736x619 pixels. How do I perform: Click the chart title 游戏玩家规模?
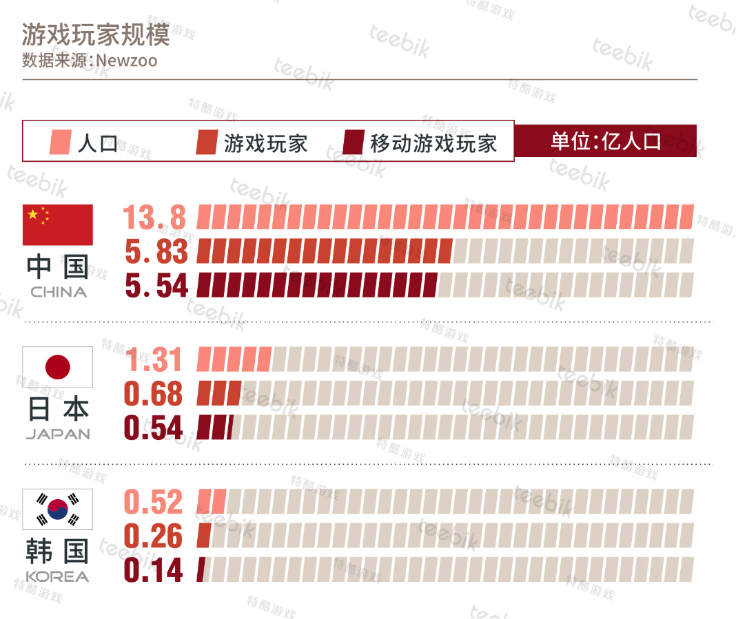(95, 34)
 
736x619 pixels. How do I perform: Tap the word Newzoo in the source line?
(127, 61)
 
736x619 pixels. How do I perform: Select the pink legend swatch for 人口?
(61, 142)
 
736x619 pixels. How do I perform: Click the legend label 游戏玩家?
(266, 143)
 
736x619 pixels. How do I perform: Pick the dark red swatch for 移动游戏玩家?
(354, 142)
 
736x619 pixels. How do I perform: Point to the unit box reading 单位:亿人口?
(606, 140)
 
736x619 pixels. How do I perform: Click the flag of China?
(58, 225)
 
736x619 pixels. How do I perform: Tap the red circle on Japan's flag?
(58, 367)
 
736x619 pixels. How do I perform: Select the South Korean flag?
(58, 510)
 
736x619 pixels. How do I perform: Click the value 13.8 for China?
(154, 217)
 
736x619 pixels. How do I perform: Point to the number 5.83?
(156, 251)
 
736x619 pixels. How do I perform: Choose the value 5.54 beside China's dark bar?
(156, 285)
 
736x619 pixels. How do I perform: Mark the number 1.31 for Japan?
(154, 359)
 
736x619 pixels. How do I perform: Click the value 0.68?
(153, 393)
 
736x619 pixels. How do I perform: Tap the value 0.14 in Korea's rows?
(153, 569)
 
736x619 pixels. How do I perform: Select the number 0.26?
(153, 536)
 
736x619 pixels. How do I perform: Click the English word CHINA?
(59, 292)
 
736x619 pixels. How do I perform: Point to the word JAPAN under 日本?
(58, 434)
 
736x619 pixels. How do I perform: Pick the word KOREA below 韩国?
(57, 576)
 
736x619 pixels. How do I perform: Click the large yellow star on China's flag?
(33, 214)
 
